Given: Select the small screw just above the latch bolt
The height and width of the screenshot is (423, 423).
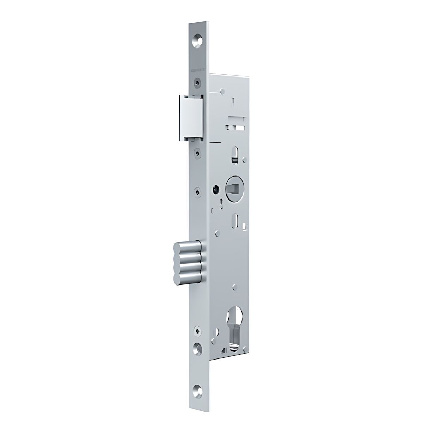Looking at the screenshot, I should click(x=198, y=84).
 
